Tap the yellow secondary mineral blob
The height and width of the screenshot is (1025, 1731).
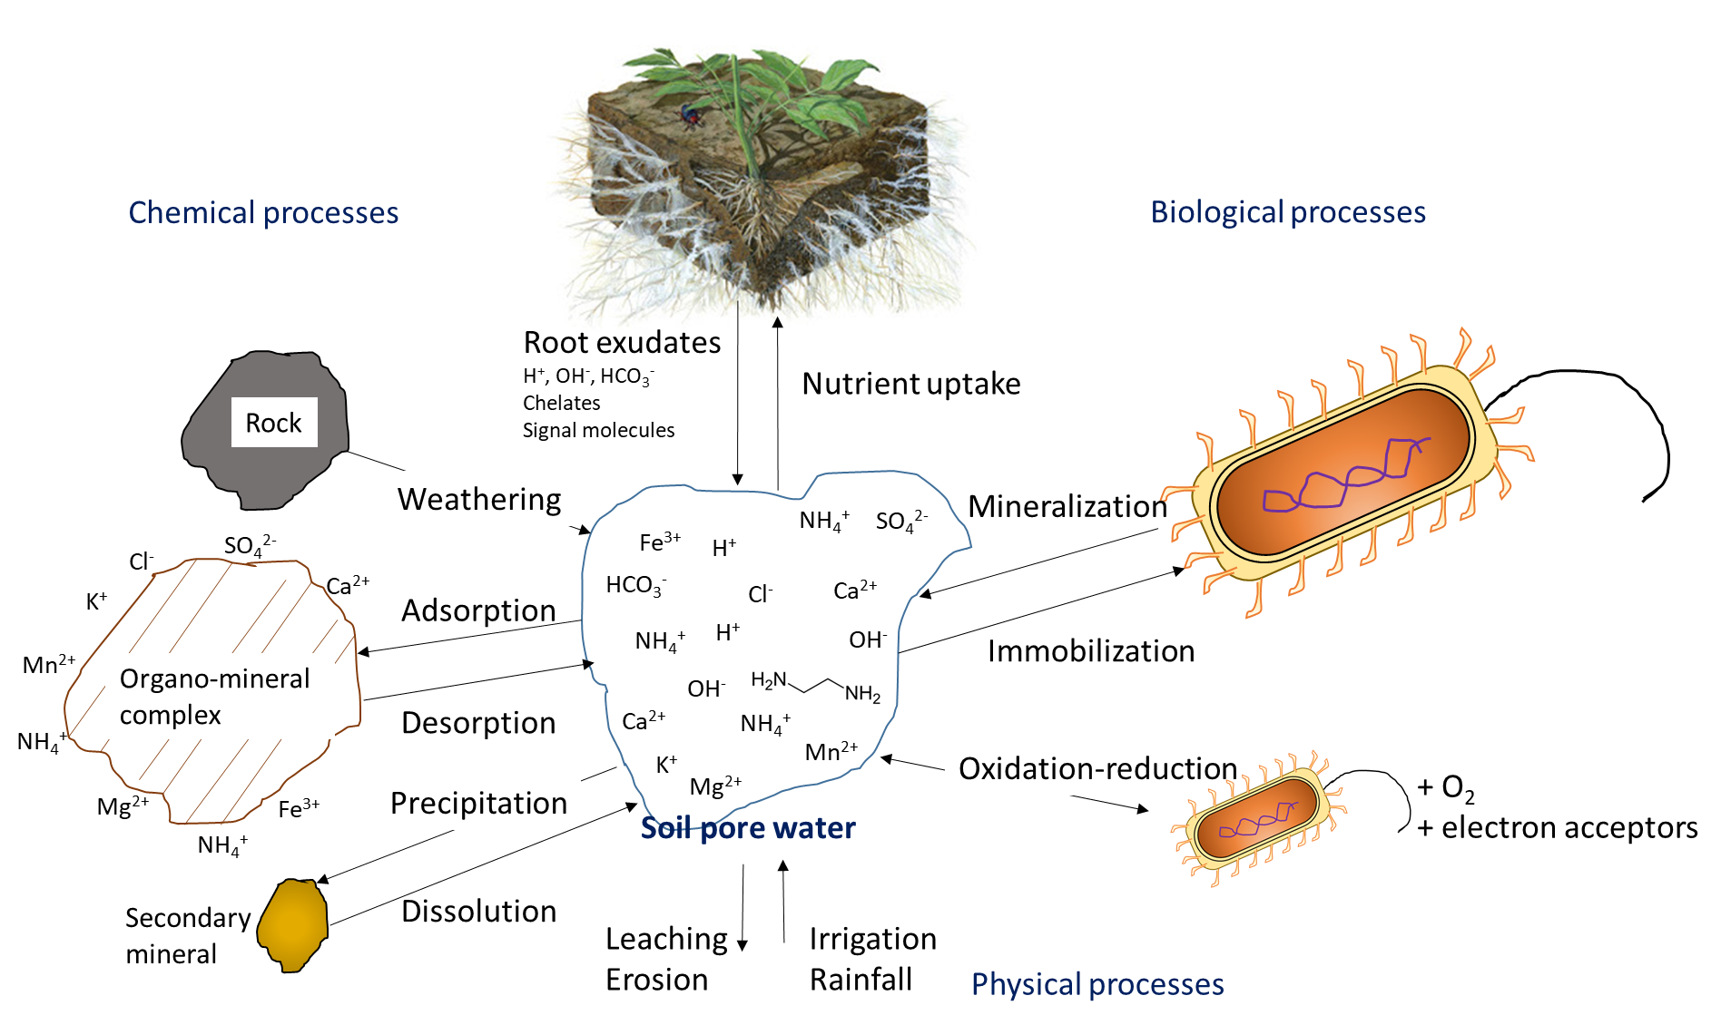click(292, 924)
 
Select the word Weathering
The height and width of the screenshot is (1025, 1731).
click(479, 499)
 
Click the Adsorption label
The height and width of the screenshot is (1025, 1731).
click(478, 610)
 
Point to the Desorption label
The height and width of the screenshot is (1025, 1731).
click(478, 723)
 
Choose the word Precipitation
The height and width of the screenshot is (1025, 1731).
click(478, 803)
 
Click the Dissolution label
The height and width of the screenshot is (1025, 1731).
click(478, 911)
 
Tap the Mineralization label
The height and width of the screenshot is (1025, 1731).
click(1067, 506)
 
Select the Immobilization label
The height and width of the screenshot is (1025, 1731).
click(1091, 651)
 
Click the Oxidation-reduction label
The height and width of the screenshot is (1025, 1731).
click(1098, 768)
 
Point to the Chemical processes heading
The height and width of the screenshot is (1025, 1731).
click(263, 212)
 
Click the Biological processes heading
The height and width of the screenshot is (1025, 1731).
click(1288, 212)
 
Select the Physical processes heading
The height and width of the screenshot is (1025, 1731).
click(1097, 984)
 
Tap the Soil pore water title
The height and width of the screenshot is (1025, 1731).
click(748, 828)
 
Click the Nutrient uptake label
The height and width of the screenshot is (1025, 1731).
click(911, 384)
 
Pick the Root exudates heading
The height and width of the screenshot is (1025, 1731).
click(622, 342)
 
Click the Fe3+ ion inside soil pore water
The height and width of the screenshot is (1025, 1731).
click(660, 542)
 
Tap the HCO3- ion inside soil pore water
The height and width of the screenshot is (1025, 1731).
click(636, 585)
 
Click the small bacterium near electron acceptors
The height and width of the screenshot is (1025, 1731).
click(1257, 818)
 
